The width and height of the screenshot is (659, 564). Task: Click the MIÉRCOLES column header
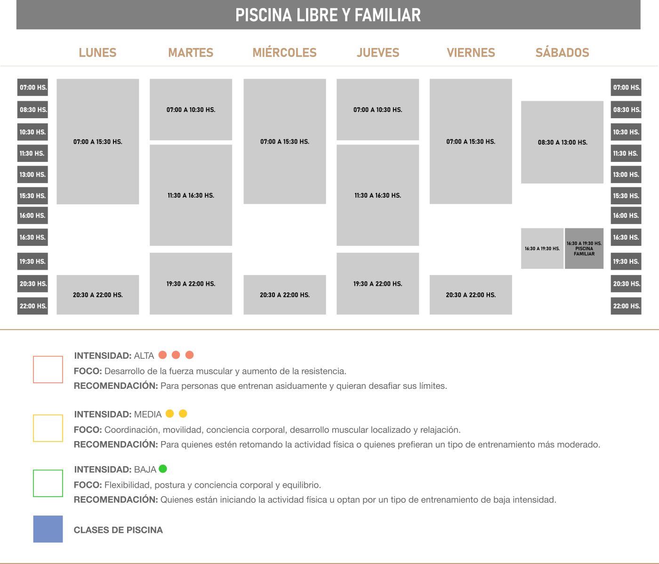284,53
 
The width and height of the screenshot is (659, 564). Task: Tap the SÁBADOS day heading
562,53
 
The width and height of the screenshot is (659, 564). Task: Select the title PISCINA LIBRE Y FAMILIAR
328,16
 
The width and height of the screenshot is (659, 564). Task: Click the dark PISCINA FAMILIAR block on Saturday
584,249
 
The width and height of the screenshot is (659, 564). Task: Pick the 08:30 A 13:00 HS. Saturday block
563,142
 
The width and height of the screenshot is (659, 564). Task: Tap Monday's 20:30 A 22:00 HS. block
98,295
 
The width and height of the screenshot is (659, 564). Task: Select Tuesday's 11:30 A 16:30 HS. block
191,195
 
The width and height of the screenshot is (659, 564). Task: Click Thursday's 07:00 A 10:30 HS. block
378,110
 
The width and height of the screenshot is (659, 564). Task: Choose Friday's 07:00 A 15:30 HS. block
471,142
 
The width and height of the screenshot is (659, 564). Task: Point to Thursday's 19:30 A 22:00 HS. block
378,284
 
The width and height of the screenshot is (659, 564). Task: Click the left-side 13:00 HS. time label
32,174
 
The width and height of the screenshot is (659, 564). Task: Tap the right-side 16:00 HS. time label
626,216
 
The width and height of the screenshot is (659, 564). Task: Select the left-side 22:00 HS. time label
32,306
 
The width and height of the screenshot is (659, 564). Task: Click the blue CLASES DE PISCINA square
48,529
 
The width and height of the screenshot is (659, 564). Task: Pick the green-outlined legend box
34,483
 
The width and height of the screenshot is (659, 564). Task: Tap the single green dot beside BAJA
163,469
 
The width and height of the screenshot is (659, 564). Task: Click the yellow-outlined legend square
34,428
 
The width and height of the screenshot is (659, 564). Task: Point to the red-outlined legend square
34,370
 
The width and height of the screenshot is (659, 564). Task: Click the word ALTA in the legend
144,355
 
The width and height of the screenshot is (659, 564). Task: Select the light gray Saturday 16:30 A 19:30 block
542,249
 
